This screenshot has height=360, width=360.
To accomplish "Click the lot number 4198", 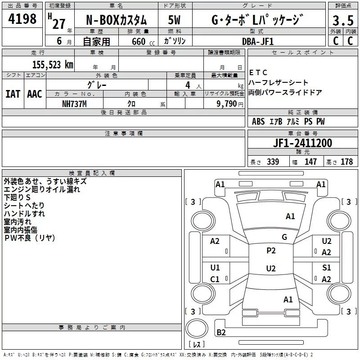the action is click(22, 19).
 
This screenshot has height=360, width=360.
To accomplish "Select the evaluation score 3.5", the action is click(342, 21).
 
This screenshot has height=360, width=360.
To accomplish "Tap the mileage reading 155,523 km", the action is click(53, 65).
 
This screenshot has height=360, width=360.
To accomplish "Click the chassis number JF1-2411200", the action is click(302, 143).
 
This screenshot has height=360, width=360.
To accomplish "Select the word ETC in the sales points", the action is click(258, 72).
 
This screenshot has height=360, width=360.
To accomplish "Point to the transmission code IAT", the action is click(13, 94).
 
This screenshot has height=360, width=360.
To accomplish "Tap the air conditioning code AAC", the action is click(35, 94).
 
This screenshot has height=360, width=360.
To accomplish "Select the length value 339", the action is click(272, 162).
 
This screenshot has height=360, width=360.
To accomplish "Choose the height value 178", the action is click(346, 162).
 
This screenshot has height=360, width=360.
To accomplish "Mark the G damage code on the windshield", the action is click(284, 237).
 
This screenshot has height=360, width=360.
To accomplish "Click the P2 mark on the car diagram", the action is click(271, 251).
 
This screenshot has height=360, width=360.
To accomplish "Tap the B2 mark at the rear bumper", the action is click(221, 333).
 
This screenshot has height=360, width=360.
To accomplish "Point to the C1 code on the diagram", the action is click(215, 279).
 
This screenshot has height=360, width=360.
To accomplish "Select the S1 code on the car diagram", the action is click(327, 268).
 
